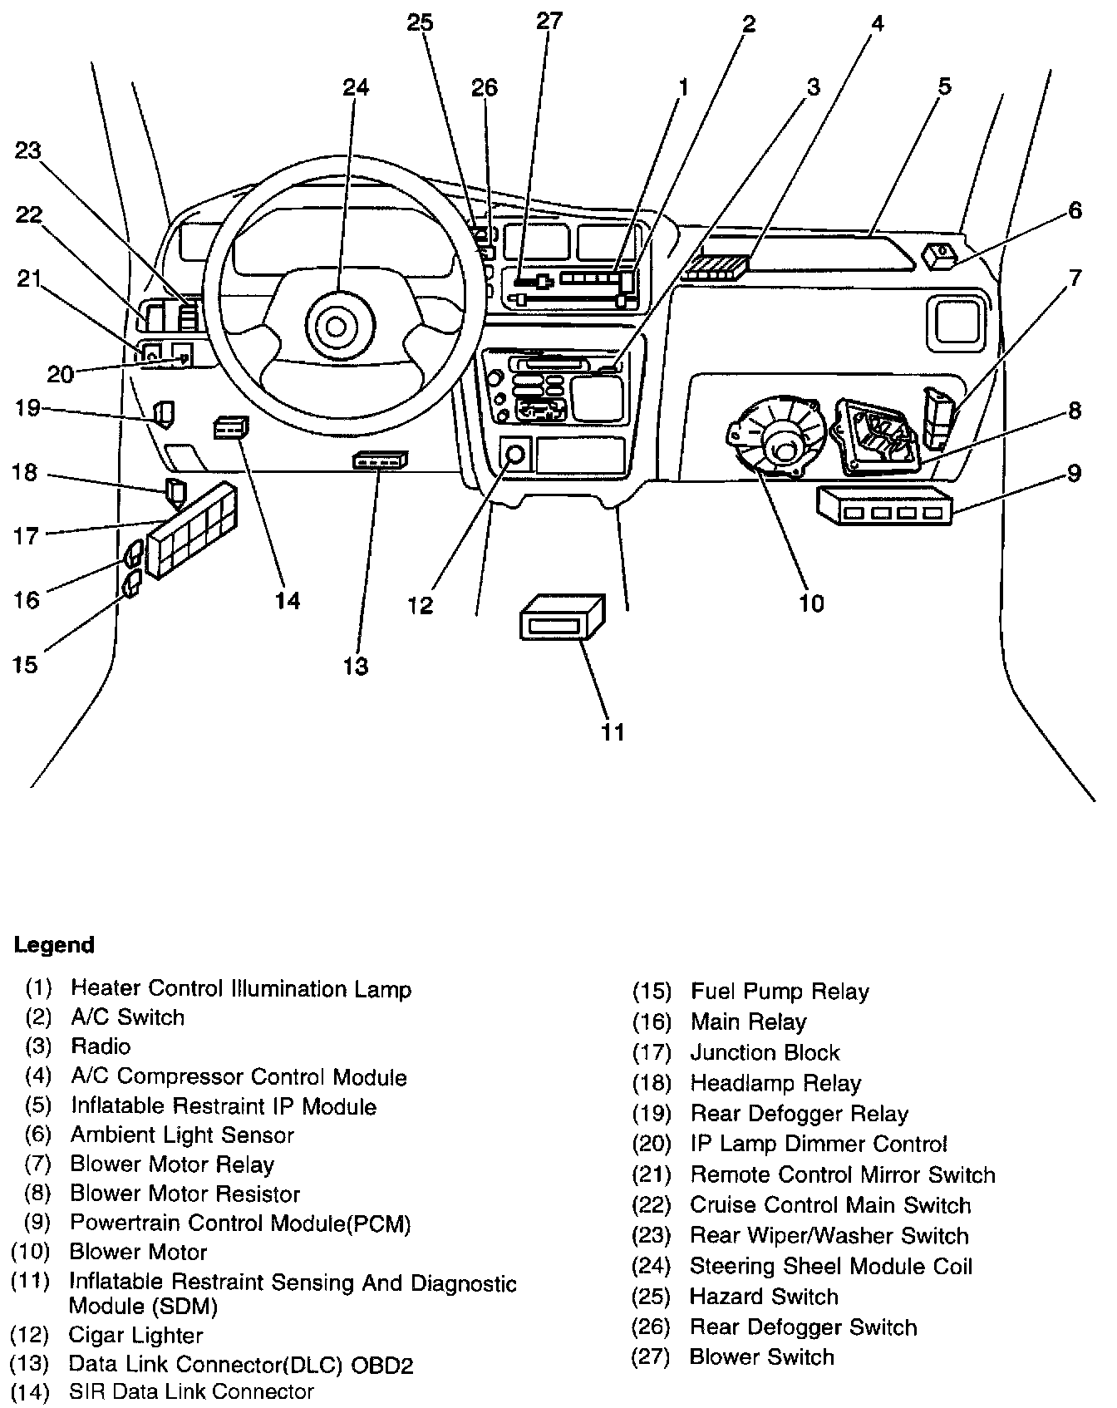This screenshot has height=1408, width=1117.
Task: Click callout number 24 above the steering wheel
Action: point(355,88)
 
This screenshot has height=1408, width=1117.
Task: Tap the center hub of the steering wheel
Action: point(336,326)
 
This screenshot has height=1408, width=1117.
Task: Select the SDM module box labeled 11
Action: point(562,618)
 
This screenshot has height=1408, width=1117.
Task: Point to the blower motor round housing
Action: point(778,440)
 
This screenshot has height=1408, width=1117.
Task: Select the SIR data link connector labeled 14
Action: point(230,428)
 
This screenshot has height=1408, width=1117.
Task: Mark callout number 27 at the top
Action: point(549,21)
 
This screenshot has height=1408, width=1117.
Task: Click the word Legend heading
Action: point(54,945)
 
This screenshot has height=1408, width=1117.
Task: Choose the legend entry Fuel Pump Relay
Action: point(779,992)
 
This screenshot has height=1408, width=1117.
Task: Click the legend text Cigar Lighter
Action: point(135,1336)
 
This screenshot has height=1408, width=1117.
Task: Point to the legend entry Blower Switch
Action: point(761,1357)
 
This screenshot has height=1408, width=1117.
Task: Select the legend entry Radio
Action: point(101,1046)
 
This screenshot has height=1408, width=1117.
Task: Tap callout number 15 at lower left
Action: point(26,664)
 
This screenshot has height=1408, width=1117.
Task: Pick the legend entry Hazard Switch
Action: point(764,1297)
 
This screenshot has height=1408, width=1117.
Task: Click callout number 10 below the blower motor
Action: point(811,603)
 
